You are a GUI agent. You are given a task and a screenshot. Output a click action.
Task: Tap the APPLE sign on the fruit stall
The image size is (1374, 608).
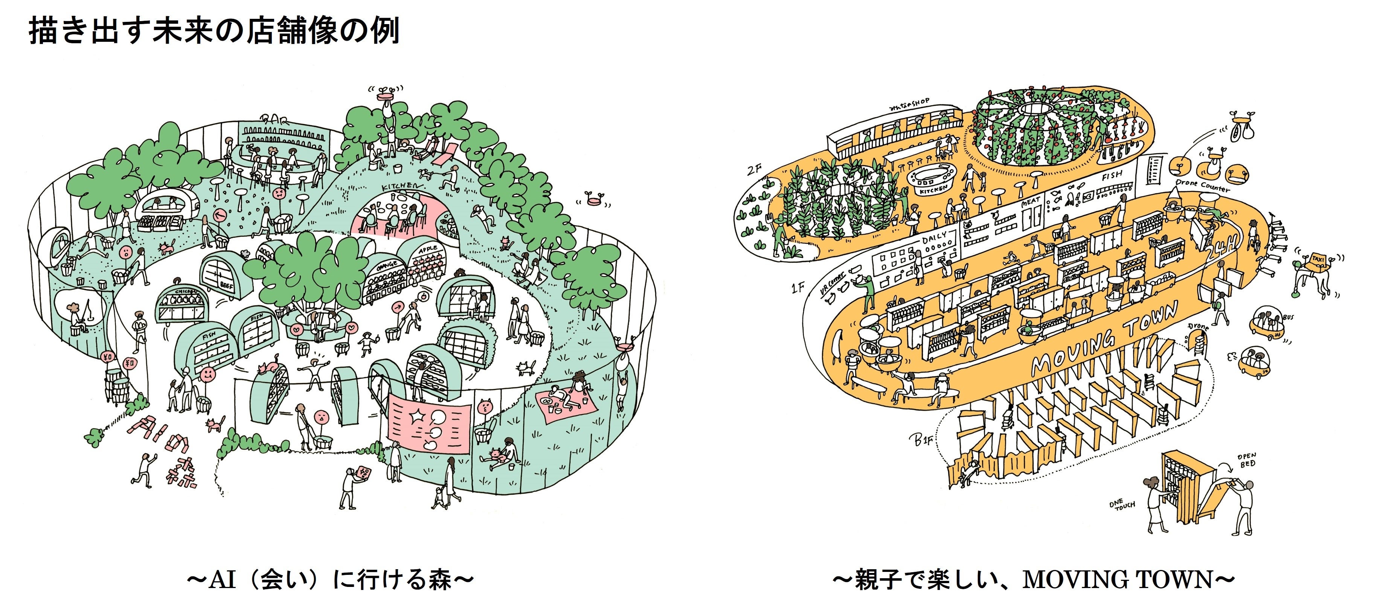pos(427,250)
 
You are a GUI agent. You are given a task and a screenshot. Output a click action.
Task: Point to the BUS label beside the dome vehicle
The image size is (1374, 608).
pos(1288,317)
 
